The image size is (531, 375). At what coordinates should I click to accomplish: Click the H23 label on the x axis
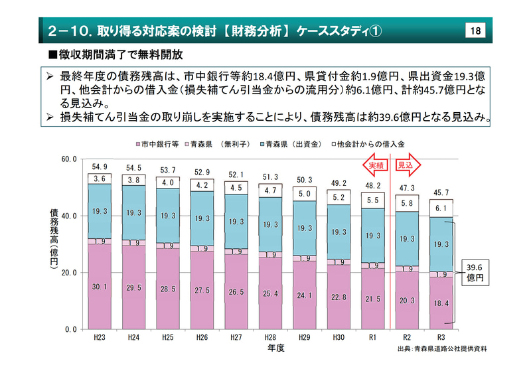pos(100,338)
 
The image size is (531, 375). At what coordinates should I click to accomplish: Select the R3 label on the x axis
pos(441,338)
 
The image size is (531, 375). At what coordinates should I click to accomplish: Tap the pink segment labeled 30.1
pos(100,287)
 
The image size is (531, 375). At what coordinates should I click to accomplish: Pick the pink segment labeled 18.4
pos(441,303)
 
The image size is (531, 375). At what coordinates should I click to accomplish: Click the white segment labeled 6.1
pos(441,208)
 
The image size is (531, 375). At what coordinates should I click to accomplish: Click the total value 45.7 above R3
pos(441,192)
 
